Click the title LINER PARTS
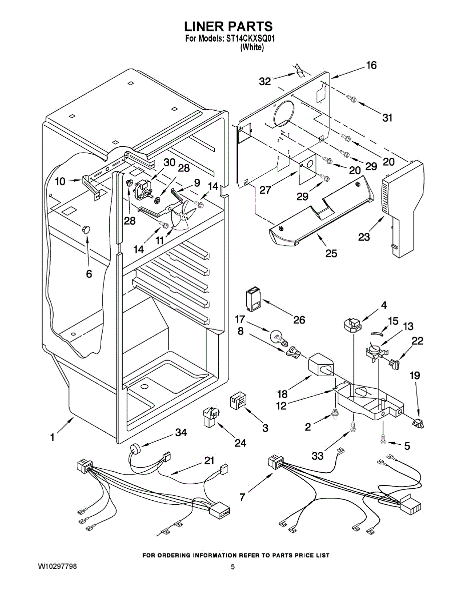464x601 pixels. (228, 27)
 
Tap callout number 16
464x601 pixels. (371, 65)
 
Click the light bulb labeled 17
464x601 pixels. (278, 336)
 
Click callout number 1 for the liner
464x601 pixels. (52, 438)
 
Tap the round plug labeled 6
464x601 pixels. (86, 229)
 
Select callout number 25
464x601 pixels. (331, 253)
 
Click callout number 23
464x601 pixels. (364, 236)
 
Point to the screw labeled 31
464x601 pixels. (351, 99)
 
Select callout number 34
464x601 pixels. (181, 433)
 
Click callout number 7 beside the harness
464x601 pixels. (242, 497)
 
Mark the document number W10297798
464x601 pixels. (58, 566)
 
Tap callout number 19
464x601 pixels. (415, 375)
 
